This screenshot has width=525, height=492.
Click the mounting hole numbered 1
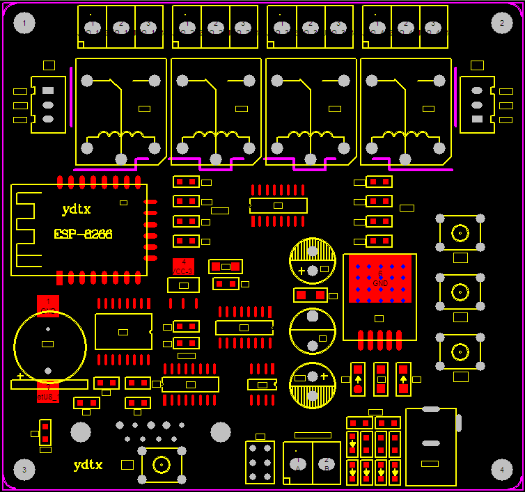pos(24,24)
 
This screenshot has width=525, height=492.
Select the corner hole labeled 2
pos(501,24)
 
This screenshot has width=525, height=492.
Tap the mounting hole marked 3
pos(24,470)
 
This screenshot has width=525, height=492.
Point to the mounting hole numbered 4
pos(501,470)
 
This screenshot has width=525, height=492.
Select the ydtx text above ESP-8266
pos(77,209)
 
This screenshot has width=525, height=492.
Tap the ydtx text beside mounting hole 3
pos(88,464)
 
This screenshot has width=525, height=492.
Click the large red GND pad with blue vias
pos(380,278)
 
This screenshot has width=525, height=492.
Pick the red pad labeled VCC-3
pos(183,267)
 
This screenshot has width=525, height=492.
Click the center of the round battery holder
pos(49,344)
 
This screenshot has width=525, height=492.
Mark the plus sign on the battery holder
pos(20,376)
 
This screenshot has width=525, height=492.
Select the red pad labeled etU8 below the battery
pos(48,395)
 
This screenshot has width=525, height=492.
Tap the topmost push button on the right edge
pos(460,232)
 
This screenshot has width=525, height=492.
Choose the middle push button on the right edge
pos(460,291)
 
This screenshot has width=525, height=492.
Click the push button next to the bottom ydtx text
pos(162,464)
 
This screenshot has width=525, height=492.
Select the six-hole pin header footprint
pos(260,462)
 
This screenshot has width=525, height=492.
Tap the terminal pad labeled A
pos(297,463)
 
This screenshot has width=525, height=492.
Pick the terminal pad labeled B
pos(325,463)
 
